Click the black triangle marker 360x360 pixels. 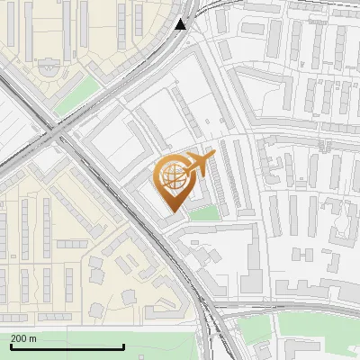coord(181,23)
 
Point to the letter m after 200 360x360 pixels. coord(33,338)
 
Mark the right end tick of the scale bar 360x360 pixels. coord(123,346)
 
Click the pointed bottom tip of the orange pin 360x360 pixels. coord(173,211)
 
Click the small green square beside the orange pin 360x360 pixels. coord(204,213)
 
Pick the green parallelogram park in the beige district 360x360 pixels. coord(76,95)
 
